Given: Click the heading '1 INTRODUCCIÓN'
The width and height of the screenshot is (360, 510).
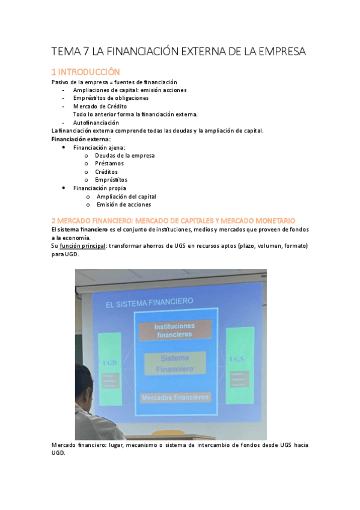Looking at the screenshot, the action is [85, 71].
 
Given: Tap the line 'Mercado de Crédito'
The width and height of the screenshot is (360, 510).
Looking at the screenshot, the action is [100, 106].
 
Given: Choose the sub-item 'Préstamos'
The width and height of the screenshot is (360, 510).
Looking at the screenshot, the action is [109, 163].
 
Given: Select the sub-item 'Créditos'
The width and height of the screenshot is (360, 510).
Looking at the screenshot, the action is [106, 171].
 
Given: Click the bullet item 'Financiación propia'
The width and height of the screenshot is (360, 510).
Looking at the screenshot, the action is [99, 188].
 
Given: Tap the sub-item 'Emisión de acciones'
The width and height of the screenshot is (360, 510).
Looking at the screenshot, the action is [124, 204].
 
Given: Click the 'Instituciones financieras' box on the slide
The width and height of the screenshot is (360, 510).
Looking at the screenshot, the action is [175, 330].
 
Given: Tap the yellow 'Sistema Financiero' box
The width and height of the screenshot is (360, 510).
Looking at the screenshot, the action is [175, 363].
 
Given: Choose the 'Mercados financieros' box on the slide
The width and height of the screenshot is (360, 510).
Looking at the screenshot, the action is [175, 398].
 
